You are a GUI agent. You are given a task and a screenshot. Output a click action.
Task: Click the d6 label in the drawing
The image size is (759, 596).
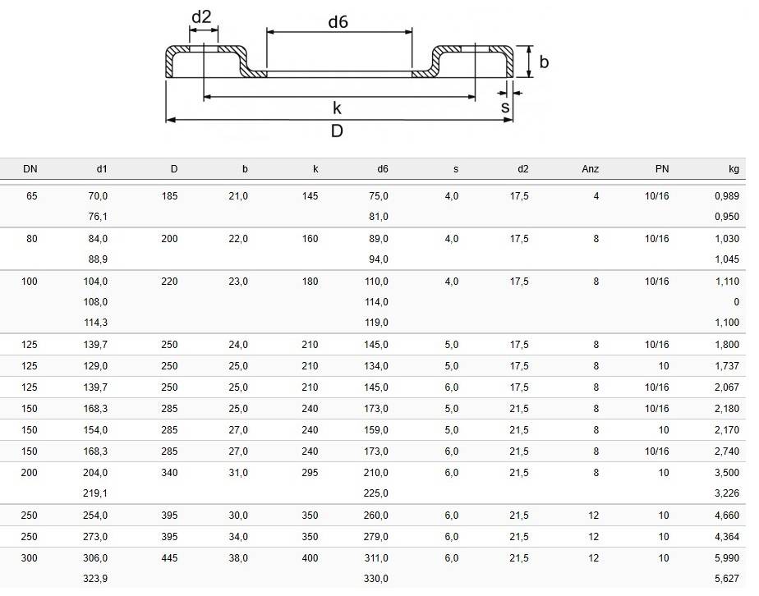(x=338, y=22)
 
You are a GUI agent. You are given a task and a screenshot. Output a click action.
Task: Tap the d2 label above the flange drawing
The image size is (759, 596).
(x=201, y=17)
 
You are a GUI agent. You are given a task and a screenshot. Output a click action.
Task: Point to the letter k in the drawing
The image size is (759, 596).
(x=337, y=108)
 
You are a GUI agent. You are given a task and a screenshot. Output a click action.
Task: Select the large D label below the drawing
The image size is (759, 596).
(x=337, y=131)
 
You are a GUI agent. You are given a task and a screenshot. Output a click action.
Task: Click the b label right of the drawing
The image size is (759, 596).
(x=544, y=62)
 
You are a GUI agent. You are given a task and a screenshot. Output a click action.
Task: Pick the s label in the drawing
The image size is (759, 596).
(x=505, y=107)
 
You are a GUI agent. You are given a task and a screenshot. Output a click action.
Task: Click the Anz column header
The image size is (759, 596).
(x=590, y=169)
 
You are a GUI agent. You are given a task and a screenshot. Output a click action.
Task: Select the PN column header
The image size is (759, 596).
(x=662, y=169)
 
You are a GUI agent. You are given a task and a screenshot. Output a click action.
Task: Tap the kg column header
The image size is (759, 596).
(x=734, y=169)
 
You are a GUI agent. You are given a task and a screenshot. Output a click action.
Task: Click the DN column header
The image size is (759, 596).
(x=30, y=169)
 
